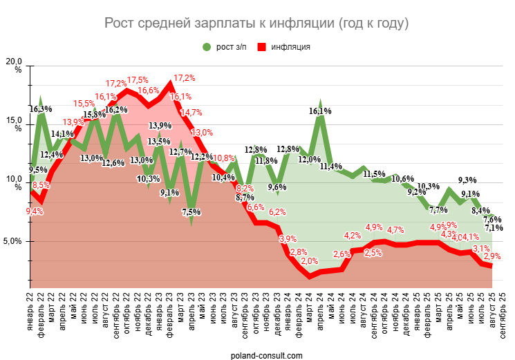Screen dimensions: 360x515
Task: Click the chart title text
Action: click(256, 23)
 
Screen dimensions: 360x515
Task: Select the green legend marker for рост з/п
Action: click(206, 47)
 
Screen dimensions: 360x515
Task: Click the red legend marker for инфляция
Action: click(262, 47)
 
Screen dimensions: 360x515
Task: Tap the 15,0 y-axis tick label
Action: click(14, 122)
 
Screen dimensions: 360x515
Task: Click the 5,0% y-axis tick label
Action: click(15, 241)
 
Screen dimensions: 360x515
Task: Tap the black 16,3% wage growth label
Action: click(41, 109)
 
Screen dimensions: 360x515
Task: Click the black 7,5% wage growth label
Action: click(193, 212)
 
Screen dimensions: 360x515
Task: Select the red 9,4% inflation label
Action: click(34, 211)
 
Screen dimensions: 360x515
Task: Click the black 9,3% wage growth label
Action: click(467, 180)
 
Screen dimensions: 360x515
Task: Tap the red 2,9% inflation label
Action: click(492, 256)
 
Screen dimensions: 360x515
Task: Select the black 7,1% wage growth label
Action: click(494, 228)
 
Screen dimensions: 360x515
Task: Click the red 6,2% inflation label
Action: click(277, 212)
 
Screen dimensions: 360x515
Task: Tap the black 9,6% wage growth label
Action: click(277, 187)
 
